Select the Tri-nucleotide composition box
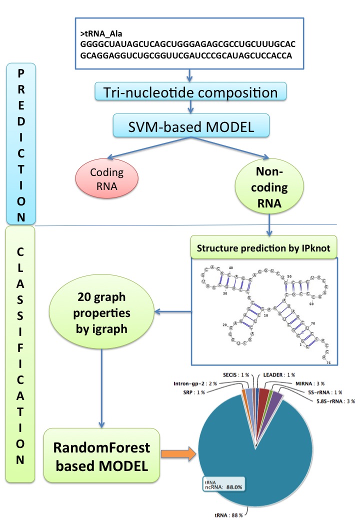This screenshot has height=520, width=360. pos(190,92)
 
